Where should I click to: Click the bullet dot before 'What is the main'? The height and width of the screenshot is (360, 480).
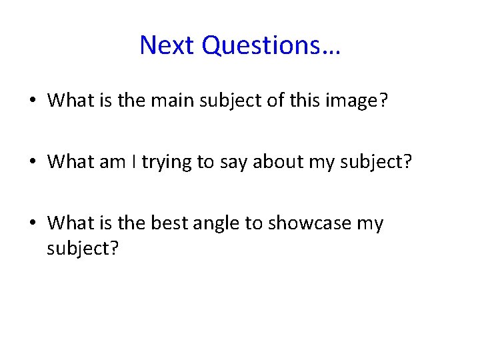click(32, 101)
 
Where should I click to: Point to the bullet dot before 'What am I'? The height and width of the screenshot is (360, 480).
click(32, 162)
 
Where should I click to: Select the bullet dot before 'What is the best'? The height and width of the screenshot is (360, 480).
click(32, 223)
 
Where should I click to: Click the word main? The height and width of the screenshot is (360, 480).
click(165, 101)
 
